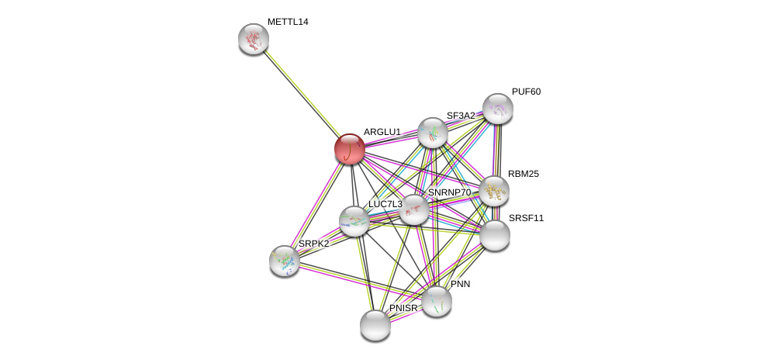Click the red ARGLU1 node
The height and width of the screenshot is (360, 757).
click(x=350, y=149)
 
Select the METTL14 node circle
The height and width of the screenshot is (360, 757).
click(x=254, y=39)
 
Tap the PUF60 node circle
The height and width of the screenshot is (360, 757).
click(x=498, y=109)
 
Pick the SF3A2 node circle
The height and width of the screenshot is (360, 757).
click(x=433, y=133)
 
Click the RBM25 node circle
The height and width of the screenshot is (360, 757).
click(x=494, y=191)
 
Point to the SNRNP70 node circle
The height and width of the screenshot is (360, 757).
click(x=414, y=209)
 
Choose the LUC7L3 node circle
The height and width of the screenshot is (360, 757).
click(x=354, y=221)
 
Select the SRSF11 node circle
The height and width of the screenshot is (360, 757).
click(x=495, y=235)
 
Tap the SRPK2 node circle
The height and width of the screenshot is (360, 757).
click(x=285, y=261)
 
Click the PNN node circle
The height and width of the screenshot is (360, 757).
click(x=437, y=301)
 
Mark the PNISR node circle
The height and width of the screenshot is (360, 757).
click(x=375, y=325)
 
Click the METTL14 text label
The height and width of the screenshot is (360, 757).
click(x=288, y=22)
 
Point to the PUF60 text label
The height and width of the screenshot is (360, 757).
click(x=526, y=92)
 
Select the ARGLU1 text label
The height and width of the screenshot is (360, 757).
click(x=382, y=132)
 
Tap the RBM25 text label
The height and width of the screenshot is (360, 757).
click(x=523, y=174)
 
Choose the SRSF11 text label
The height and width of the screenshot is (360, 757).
click(x=526, y=218)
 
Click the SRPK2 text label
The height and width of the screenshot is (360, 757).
click(x=313, y=244)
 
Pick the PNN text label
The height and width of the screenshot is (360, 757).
click(x=460, y=284)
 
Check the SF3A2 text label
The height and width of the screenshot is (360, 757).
click(x=461, y=116)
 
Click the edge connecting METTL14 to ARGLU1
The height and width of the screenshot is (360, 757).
click(x=302, y=94)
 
